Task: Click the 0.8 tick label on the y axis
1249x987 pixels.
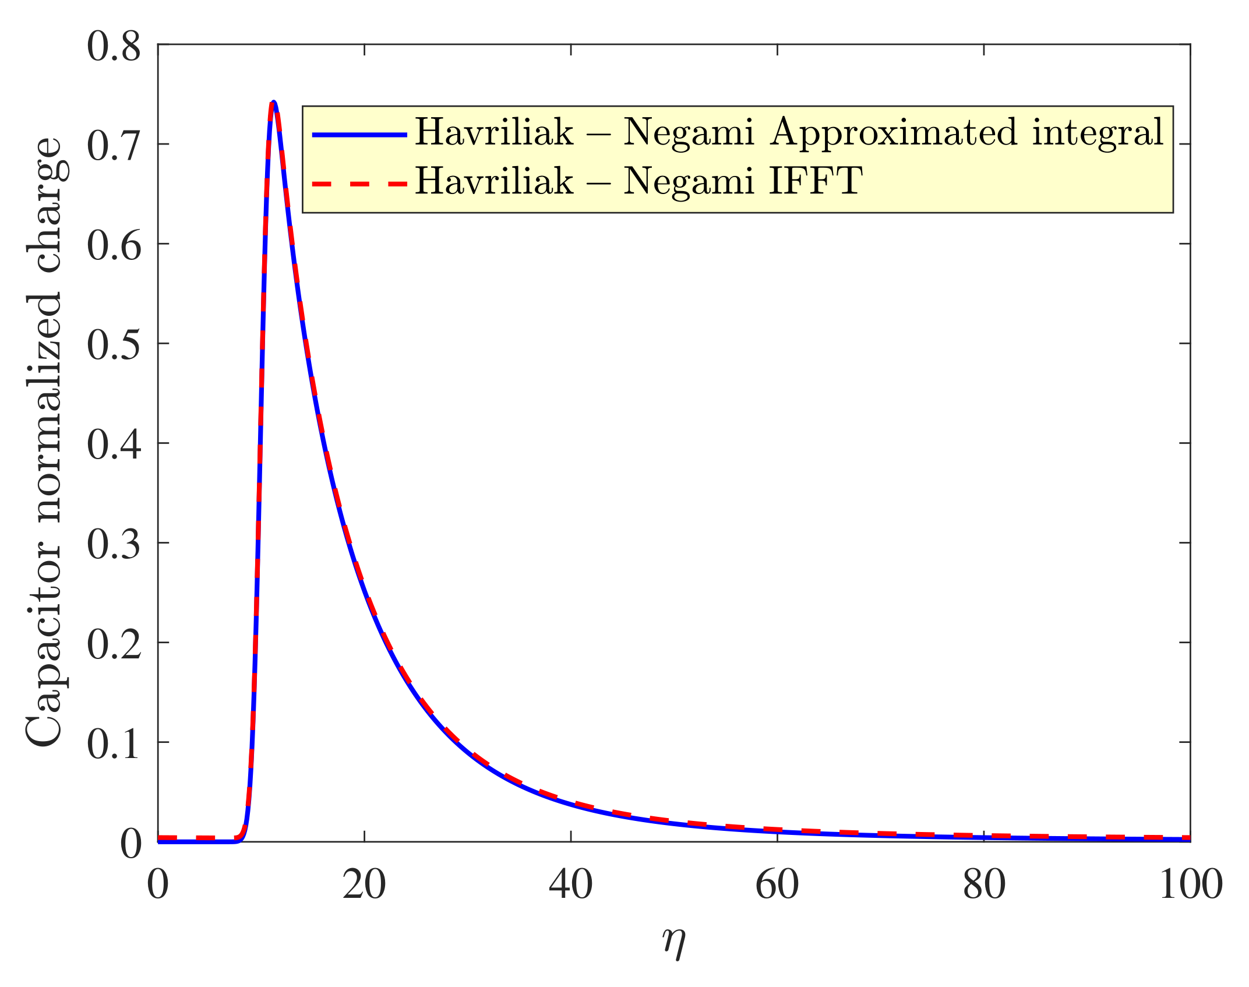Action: pos(114,47)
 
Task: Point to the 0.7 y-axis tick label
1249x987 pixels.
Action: pos(114,146)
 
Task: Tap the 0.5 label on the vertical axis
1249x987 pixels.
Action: pos(114,345)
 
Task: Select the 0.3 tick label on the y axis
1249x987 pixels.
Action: pos(114,544)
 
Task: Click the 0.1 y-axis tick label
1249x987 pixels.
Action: pos(114,744)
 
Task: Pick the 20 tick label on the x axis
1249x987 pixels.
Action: pos(364,884)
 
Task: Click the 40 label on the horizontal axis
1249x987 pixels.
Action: pos(570,884)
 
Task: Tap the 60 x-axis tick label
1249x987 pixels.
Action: pos(777,884)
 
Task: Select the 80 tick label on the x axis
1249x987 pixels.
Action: pos(983,884)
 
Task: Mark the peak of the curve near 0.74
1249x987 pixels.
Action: pos(273,102)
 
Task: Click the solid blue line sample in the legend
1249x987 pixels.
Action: pos(359,135)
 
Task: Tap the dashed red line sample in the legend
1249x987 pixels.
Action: pos(359,184)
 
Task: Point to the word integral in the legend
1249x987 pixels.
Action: pos(1098,133)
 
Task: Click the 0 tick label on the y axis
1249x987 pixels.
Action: pos(130,844)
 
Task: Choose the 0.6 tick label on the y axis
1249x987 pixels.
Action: pos(114,245)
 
